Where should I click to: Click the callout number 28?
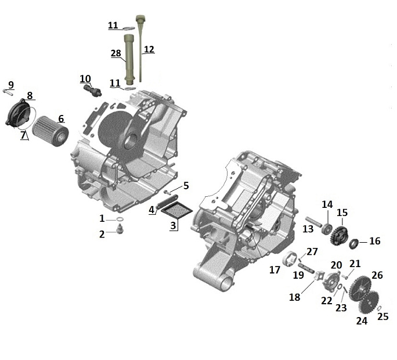[116, 53]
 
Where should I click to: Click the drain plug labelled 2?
[120, 232]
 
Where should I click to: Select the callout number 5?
[186, 186]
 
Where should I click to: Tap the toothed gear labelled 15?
[341, 229]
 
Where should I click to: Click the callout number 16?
[374, 241]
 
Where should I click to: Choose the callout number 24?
[362, 320]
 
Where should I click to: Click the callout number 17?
[275, 270]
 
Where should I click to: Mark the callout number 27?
[312, 251]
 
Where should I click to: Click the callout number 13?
[308, 230]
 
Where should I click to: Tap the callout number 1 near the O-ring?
[102, 219]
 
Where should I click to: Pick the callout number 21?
[355, 264]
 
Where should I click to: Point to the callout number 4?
[151, 210]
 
